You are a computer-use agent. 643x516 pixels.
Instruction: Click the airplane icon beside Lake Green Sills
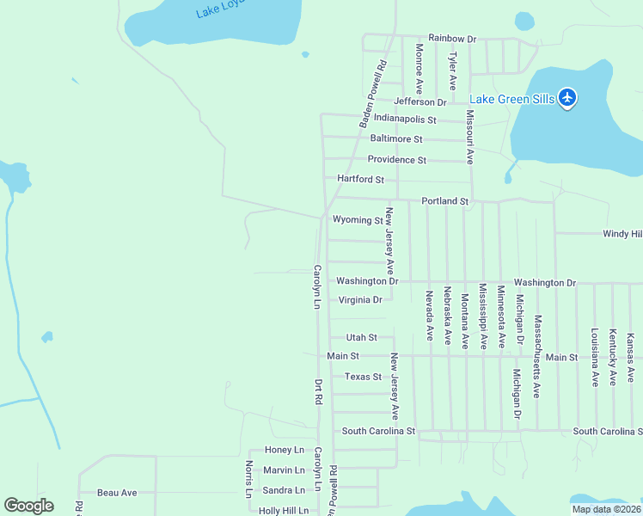point(566,98)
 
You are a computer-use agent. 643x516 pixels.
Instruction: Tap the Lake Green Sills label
point(512,100)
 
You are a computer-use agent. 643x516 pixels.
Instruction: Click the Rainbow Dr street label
point(452,39)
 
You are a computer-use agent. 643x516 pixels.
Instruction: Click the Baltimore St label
point(396,138)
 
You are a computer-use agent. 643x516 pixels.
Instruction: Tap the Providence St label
point(397,160)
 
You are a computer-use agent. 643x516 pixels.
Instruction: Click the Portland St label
point(444,201)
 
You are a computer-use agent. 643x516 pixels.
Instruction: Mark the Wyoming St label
point(358,220)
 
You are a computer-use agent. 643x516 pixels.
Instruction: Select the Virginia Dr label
point(360,300)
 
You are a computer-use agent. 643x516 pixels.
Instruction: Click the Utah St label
point(361,337)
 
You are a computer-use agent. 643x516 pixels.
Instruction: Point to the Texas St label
point(363,377)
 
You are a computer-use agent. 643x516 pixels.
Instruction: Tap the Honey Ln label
point(285,450)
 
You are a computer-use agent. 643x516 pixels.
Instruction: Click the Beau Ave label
point(117,493)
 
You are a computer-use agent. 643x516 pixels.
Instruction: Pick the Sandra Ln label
point(284,490)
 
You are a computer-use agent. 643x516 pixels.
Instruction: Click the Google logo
point(28,506)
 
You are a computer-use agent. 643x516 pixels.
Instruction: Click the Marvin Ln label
point(284,470)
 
